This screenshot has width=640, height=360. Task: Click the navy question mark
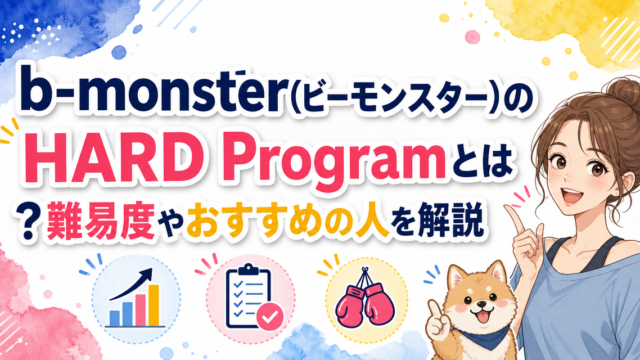(28, 221)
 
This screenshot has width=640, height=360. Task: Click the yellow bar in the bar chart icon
(153, 305)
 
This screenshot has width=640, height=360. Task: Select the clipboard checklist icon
(248, 295)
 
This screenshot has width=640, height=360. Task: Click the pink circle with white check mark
(269, 316)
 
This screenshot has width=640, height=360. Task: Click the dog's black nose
(482, 304)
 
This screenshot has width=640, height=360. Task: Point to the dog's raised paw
(437, 323)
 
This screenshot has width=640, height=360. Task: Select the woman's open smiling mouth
(570, 194)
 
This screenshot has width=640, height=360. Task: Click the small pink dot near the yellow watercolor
(472, 37)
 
